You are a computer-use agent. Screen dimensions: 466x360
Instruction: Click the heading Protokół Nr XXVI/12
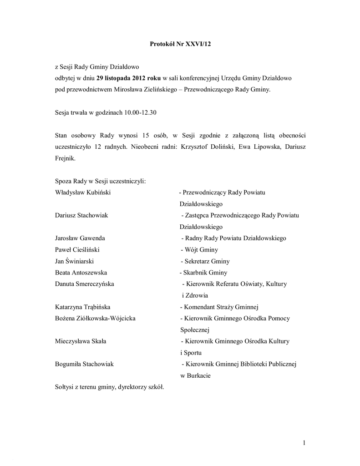(x=181, y=44)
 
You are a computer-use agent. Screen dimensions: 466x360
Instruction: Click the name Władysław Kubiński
(x=82, y=192)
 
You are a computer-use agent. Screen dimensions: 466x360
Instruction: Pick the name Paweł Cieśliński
(x=77, y=249)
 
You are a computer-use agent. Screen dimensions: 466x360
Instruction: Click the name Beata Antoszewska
(x=81, y=273)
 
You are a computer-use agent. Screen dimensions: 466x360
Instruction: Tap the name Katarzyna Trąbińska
(x=82, y=307)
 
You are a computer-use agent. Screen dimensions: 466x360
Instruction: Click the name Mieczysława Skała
(x=81, y=341)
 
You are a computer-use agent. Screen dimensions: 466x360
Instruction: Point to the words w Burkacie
(x=195, y=375)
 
